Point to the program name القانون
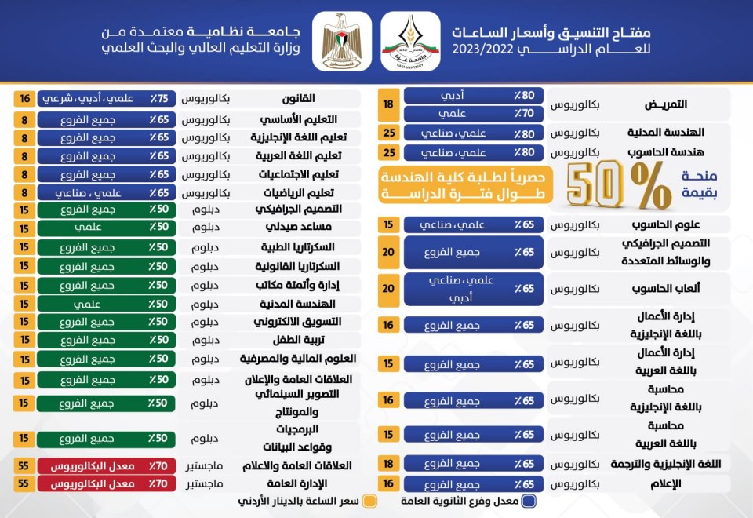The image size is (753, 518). (298, 99)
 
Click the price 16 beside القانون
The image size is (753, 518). (25, 99)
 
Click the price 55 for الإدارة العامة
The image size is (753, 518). (25, 483)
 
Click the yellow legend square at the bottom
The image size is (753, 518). (370, 501)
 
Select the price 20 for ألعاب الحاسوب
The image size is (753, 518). (388, 289)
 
